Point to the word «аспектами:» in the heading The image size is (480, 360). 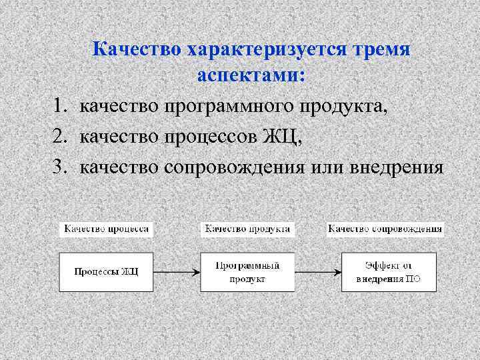click(251, 76)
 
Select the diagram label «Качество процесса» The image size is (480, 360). click(106, 229)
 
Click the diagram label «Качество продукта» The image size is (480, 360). click(247, 229)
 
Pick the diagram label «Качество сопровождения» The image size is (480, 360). click(386, 229)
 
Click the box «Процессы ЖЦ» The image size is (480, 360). click(106, 271)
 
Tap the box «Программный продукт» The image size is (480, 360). click(247, 271)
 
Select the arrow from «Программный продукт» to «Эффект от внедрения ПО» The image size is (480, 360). click(318, 271)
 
